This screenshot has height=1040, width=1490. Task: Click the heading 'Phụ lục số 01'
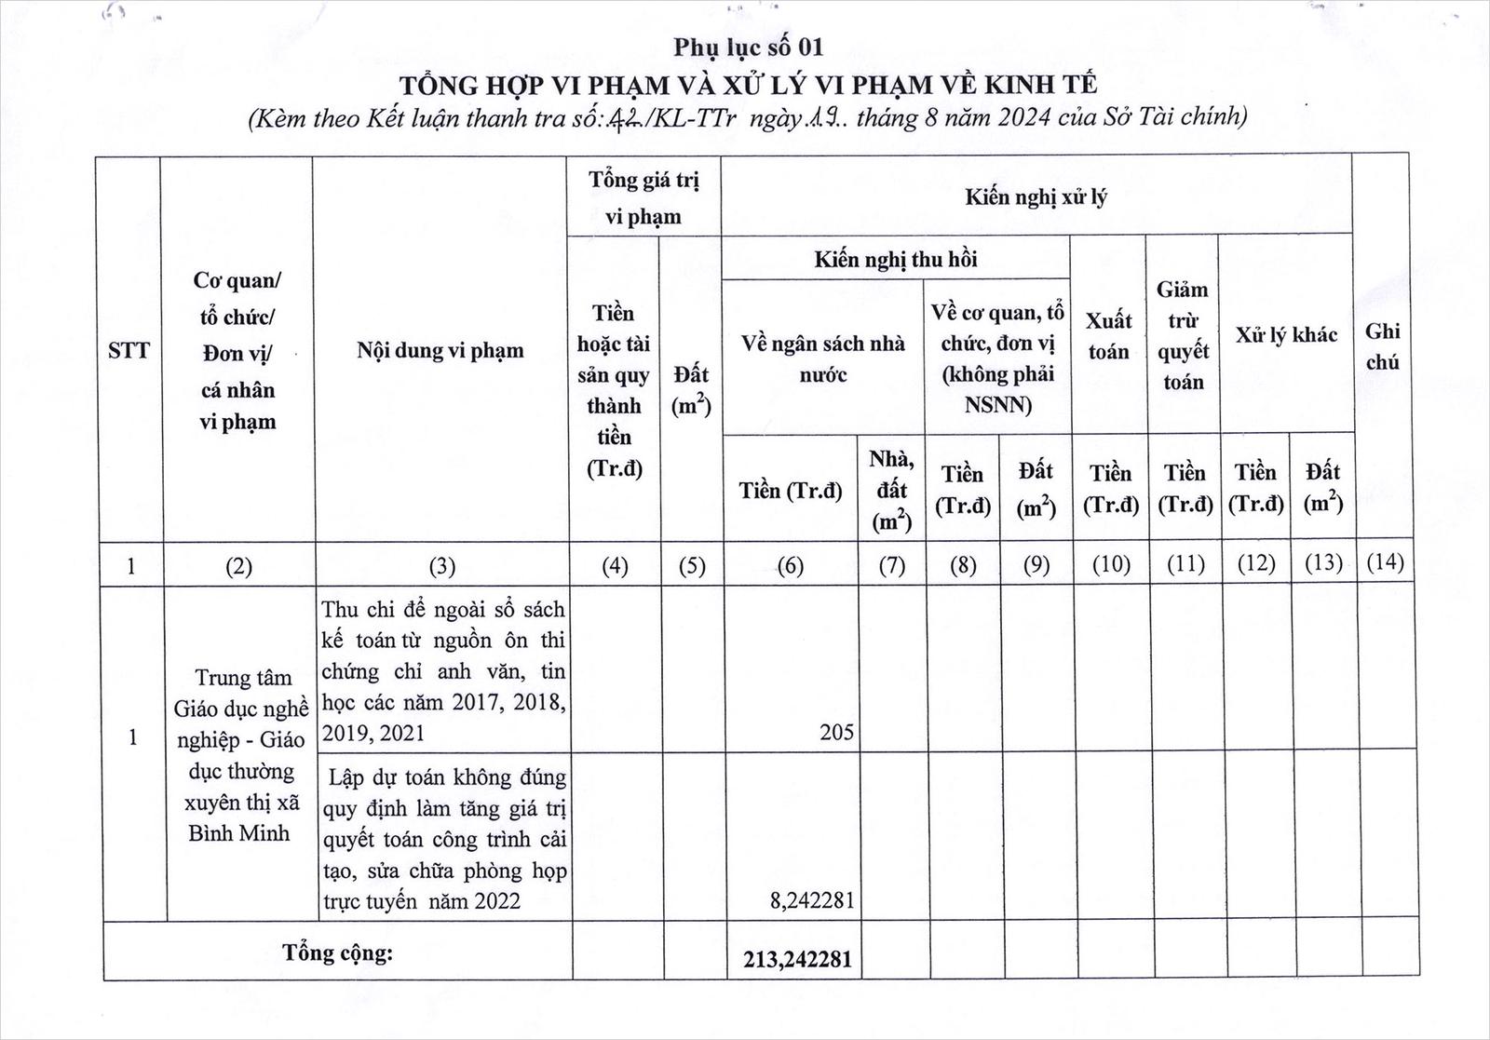point(749,47)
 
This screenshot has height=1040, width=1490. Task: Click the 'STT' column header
point(129,351)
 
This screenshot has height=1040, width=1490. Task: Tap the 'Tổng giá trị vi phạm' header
point(643,197)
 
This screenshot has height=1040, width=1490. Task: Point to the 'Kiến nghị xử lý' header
point(1036,196)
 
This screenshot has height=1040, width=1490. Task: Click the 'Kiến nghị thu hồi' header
point(895,259)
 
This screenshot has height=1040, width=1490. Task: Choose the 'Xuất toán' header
point(1108,335)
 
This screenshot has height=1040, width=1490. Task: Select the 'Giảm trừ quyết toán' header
point(1183,335)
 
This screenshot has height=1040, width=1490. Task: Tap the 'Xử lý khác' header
point(1286,335)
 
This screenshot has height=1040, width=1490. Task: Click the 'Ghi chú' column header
point(1383,346)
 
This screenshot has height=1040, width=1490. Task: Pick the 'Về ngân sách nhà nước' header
point(823,358)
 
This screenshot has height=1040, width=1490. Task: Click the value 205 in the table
point(836,733)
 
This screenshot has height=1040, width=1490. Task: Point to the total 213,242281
point(797,959)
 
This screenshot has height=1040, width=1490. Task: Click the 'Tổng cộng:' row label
point(338,952)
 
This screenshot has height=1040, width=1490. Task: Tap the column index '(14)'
point(1384,562)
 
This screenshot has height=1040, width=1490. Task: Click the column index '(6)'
point(790,565)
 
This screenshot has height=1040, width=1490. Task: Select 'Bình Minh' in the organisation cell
point(239,833)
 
